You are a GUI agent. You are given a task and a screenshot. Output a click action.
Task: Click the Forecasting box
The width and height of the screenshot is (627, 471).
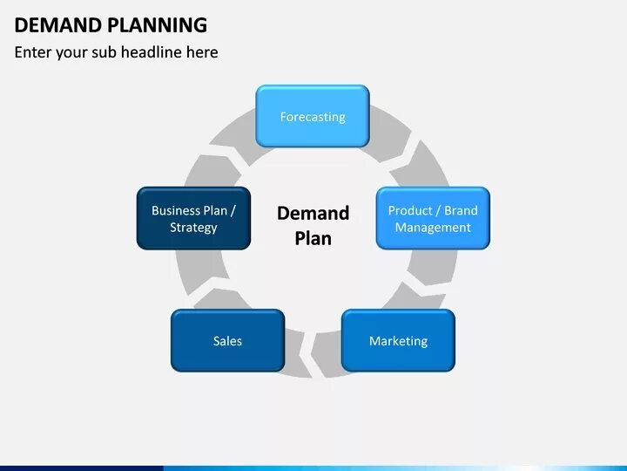pyautogui.click(x=312, y=116)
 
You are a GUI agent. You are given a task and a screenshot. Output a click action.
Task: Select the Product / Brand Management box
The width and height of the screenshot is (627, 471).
pyautogui.click(x=433, y=218)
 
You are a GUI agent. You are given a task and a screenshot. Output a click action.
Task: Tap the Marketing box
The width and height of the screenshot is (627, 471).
pyautogui.click(x=398, y=340)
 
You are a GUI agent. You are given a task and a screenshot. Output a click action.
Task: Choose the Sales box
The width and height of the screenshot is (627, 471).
pyautogui.click(x=227, y=340)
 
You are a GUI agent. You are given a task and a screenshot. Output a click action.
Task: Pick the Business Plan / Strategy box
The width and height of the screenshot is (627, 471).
pyautogui.click(x=193, y=218)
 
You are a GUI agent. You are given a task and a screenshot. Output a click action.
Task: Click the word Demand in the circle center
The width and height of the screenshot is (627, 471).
pyautogui.click(x=313, y=213)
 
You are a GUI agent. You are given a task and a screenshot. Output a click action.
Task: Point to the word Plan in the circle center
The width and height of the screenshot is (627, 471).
pyautogui.click(x=313, y=238)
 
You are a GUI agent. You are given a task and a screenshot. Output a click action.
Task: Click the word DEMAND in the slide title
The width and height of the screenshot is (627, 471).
pyautogui.click(x=50, y=24)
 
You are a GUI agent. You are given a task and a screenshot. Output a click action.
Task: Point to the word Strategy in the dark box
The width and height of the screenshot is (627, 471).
pyautogui.click(x=193, y=228)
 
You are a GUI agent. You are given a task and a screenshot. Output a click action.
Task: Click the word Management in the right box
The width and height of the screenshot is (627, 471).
pyautogui.click(x=433, y=228)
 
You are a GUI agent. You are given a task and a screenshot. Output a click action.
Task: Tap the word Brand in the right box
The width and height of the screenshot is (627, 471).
pyautogui.click(x=461, y=210)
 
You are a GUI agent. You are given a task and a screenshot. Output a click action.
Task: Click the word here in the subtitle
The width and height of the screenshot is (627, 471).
pyautogui.click(x=202, y=52)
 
